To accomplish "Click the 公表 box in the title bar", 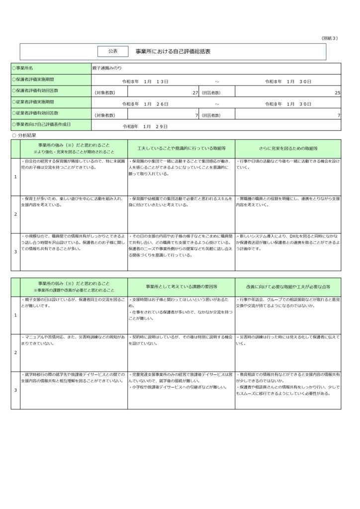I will point(113,51).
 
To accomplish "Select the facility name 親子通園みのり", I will point(106,68).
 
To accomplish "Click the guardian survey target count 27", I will point(195,92).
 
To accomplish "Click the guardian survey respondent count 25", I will point(337,92).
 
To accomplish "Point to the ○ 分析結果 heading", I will point(24,135).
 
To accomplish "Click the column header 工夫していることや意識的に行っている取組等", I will point(181,149).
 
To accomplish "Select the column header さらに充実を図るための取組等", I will point(288,149).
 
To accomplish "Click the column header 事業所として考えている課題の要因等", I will point(181,287).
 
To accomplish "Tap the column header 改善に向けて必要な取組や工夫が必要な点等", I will point(288,287).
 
